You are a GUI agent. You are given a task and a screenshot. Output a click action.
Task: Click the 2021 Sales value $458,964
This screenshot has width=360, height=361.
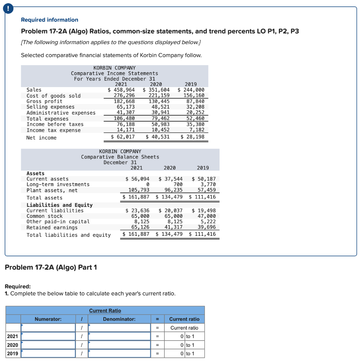(121, 90)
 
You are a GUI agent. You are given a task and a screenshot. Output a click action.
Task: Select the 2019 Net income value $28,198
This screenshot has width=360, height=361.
(192, 137)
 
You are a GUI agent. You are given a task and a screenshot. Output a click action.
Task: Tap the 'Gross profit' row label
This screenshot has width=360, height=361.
(44, 101)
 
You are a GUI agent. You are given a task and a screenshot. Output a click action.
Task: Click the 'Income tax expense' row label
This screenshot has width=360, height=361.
(54, 130)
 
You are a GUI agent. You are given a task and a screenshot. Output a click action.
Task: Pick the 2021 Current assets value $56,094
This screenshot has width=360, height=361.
(138, 179)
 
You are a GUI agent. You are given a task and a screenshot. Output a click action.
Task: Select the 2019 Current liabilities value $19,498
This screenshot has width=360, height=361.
(204, 210)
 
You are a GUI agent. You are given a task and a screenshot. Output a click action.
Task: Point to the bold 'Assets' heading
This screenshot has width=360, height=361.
(36, 173)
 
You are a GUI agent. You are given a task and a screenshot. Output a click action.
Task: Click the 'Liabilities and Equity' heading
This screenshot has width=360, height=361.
(60, 205)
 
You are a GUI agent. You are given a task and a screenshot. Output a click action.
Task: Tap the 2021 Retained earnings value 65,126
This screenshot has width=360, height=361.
(140, 227)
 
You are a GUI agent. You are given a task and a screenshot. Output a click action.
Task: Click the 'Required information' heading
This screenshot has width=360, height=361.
(49, 20)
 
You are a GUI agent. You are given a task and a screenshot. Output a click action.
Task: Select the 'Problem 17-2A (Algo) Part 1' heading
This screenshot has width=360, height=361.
(51, 267)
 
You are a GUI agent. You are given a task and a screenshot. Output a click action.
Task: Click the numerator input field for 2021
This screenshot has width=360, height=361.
(48, 336)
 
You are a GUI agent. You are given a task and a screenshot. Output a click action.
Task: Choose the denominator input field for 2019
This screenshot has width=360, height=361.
(119, 353)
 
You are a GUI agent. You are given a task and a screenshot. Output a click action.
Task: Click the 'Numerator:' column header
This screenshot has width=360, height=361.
(48, 319)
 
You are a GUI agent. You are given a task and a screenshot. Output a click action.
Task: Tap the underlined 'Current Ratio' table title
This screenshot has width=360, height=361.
(105, 311)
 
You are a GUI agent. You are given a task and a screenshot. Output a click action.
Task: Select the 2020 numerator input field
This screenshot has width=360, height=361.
(48, 345)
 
